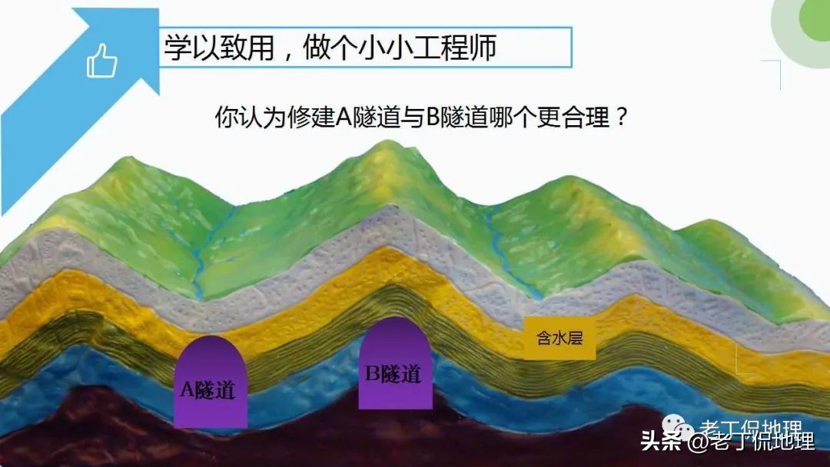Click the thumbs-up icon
coord(101,61)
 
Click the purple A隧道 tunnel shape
coord(210,384)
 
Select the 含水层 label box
coord(559,338)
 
